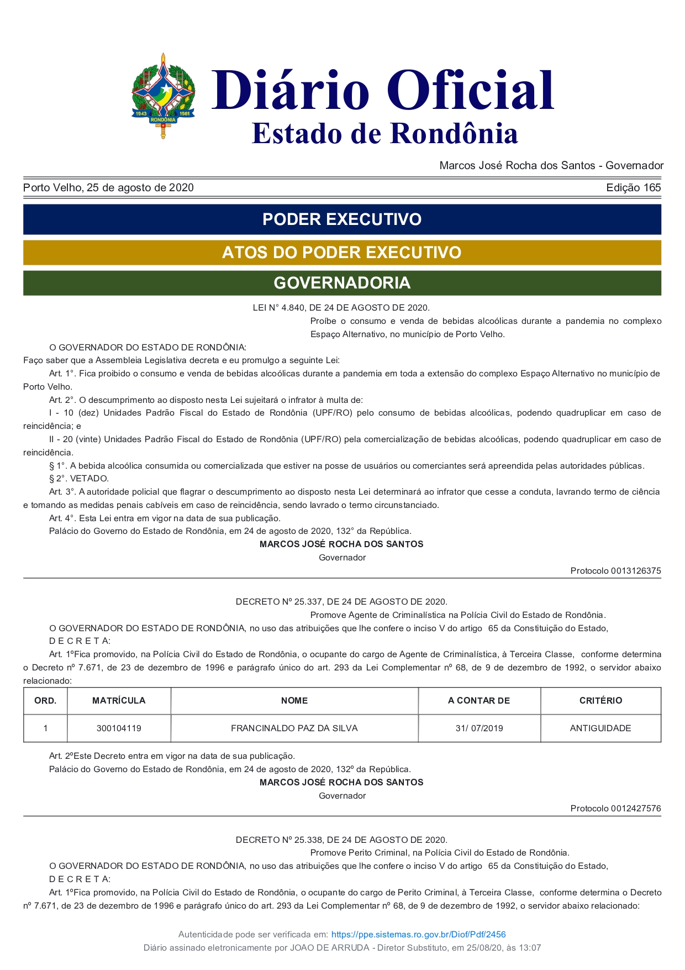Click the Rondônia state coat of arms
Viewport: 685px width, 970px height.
163,96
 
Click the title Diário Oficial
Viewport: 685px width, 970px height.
382,90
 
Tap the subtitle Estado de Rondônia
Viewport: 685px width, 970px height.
384,134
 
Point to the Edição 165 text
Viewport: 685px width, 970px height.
633,188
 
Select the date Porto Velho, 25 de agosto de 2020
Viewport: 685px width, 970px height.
108,188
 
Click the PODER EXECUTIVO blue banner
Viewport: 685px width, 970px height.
342,219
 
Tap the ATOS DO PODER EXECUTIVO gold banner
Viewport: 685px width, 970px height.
342,253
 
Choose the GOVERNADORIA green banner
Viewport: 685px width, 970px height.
342,283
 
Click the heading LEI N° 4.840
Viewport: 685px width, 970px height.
341,308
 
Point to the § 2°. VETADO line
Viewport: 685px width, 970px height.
79,479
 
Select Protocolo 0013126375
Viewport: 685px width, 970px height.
615,571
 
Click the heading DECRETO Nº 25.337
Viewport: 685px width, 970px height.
341,602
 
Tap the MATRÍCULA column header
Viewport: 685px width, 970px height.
119,701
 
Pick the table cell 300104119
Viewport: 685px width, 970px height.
119,728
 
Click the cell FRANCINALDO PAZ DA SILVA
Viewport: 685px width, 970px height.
294,728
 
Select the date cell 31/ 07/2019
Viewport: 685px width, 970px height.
479,728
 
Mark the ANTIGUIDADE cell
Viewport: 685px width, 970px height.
600,728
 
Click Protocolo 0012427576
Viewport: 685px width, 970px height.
615,809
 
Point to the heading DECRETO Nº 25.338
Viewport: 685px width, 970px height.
341,840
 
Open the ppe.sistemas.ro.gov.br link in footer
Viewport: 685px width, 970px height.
418,935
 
